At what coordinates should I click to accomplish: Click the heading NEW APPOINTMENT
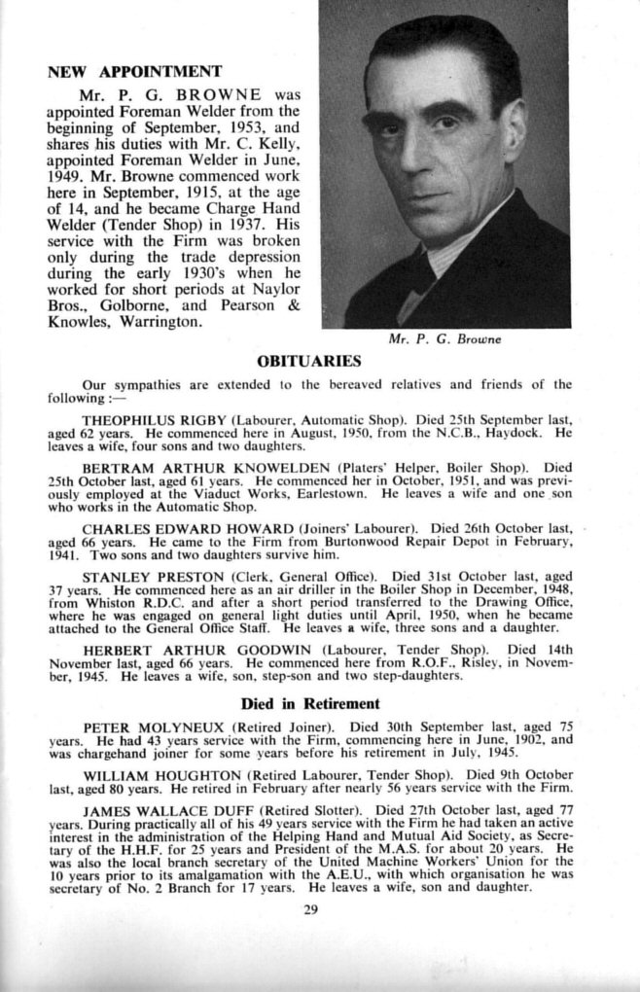click(134, 71)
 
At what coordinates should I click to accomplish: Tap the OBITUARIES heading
click(308, 361)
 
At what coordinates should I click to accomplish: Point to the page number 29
click(310, 910)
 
